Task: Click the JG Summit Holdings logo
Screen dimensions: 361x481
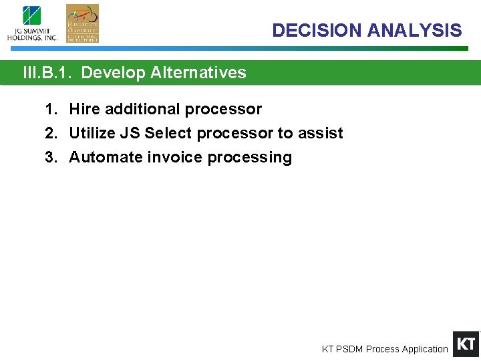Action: (32, 23)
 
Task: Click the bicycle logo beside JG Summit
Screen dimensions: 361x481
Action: (82, 23)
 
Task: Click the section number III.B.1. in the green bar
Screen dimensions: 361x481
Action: (49, 73)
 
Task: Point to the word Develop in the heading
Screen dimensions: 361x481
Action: (113, 73)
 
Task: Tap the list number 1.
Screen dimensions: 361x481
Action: (50, 109)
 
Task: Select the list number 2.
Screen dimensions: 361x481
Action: (50, 133)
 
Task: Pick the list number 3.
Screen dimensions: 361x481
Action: (50, 157)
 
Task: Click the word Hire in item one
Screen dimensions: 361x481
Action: (84, 109)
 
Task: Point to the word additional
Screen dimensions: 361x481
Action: (140, 109)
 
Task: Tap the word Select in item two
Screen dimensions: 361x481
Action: (168, 133)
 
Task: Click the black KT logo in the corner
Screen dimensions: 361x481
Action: (466, 344)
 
